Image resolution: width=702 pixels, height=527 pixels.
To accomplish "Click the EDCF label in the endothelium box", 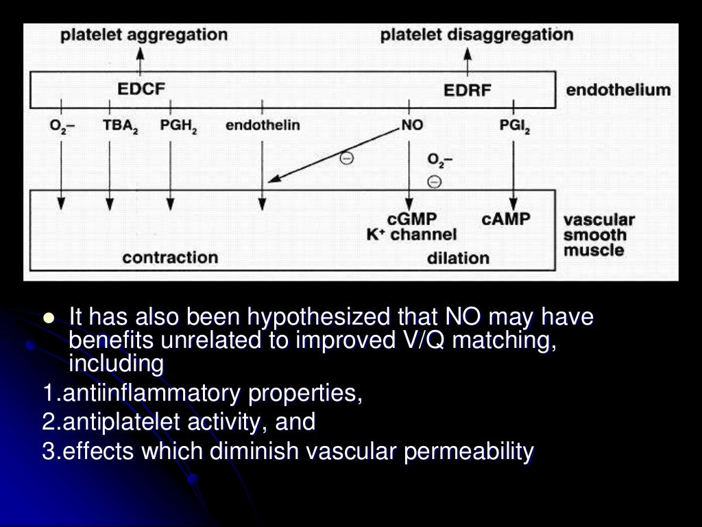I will tap(141, 89).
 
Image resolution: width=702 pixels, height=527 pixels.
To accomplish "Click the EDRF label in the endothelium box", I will tap(468, 90).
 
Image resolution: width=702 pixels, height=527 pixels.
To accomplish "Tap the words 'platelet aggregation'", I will tap(144, 35).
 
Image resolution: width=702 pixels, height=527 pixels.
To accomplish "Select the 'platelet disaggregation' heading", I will tap(477, 35).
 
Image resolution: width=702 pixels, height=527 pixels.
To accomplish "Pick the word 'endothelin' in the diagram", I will tap(263, 126).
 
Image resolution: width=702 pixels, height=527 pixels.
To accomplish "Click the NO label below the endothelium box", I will tap(412, 126).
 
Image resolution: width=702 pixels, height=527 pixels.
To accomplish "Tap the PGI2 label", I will tap(515, 127).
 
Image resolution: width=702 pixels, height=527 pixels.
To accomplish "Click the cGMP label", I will tap(412, 220).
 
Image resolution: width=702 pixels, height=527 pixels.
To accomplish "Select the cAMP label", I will tap(506, 220).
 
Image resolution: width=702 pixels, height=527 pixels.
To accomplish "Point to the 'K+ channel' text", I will tap(411, 235).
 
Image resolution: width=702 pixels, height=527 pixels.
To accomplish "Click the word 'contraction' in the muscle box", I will tap(169, 258).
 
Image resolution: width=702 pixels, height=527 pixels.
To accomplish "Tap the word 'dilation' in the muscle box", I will tap(458, 259).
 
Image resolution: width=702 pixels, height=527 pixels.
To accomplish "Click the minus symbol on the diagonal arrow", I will tap(347, 159).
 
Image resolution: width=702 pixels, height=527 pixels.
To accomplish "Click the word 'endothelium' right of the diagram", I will tap(618, 90).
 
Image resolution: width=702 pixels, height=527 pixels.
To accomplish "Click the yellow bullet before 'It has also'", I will tap(48, 318).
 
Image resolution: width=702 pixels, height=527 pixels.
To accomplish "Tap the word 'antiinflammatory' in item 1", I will tap(151, 395).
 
